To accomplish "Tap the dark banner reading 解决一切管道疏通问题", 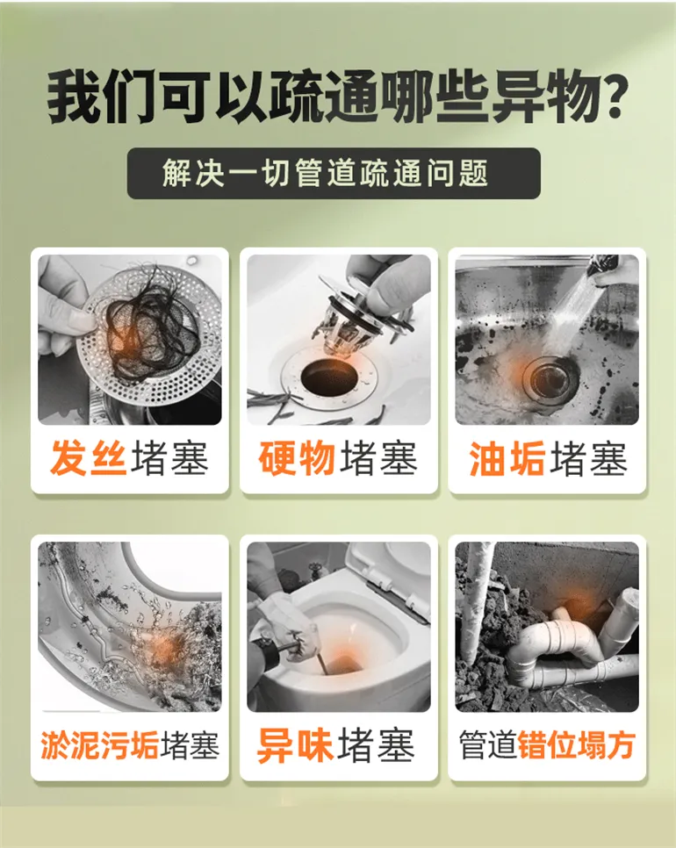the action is coord(334,173).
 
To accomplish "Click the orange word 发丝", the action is coord(89,457).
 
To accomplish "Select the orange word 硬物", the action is coord(297,458).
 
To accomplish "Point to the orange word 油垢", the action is coord(507,458).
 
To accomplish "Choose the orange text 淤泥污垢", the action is coord(99,744).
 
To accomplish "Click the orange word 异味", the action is coord(295,744).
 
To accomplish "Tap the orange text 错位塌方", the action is coord(576,744).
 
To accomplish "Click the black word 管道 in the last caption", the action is coord(488,744).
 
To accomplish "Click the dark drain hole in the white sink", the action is coord(329,376).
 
